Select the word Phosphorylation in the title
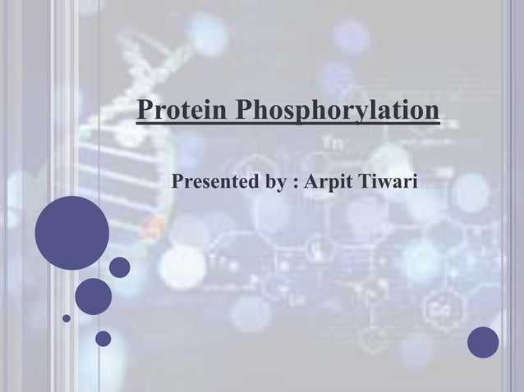(x=337, y=111)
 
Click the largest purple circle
(x=71, y=233)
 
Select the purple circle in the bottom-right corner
(x=483, y=342)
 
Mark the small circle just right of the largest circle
(x=120, y=267)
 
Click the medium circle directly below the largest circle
(x=94, y=296)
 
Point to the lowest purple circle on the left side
(x=103, y=338)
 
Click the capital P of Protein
(x=145, y=110)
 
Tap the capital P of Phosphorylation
(x=243, y=110)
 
